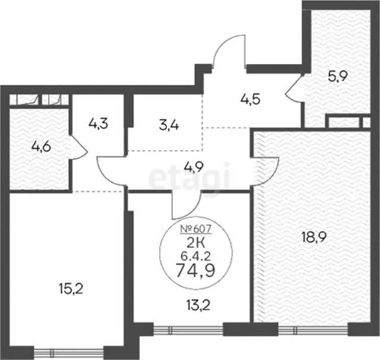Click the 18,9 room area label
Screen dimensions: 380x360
[313, 237]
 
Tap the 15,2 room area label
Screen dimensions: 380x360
[71, 289]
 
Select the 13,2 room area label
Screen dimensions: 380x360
[198, 305]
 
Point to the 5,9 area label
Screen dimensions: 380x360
[338, 77]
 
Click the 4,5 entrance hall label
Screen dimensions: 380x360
[251, 99]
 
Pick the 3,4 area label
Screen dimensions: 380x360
[169, 126]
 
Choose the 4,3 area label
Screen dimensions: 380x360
[98, 124]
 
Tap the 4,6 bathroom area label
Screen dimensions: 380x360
[41, 146]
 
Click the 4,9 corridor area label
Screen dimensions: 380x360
[194, 167]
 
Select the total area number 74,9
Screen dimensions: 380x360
[195, 270]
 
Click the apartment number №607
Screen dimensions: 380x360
[196, 229]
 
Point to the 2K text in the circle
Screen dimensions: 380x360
[195, 243]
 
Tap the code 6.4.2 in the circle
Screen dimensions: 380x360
[195, 256]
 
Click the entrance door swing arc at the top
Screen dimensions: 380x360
[223, 43]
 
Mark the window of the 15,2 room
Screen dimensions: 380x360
[69, 353]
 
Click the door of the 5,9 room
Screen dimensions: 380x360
[294, 88]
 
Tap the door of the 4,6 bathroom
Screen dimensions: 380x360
[78, 148]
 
